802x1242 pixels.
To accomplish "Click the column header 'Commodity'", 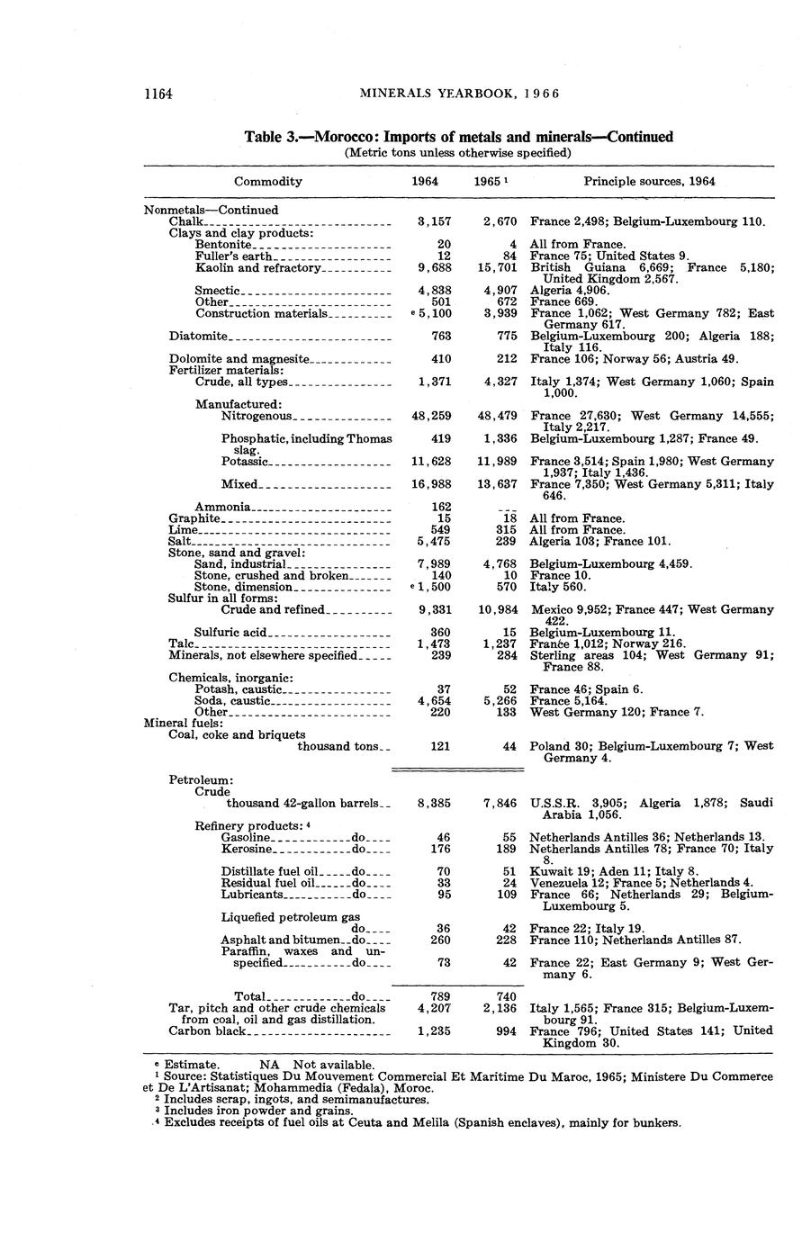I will point(267,181).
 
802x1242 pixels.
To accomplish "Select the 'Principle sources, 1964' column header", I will point(649,181).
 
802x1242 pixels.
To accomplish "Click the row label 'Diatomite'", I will point(198,337).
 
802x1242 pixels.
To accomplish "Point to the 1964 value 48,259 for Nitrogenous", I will point(431,416).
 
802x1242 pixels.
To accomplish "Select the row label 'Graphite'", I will point(194,518).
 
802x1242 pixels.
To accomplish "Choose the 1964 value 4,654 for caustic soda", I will point(434,700).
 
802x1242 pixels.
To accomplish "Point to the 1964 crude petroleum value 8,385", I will point(434,803).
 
